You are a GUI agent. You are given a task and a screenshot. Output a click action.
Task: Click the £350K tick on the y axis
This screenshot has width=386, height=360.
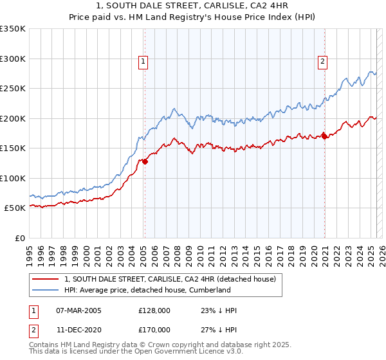13,29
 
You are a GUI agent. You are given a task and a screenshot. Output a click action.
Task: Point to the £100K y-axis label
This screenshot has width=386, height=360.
13,178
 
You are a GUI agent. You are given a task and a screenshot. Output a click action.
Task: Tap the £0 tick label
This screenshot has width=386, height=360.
19,238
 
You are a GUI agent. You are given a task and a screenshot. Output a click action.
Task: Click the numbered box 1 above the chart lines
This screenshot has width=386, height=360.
142,62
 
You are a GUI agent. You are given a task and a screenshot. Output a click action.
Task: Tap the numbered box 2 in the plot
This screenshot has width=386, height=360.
322,62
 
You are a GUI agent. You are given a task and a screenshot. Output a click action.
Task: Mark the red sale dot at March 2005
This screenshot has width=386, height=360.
145,162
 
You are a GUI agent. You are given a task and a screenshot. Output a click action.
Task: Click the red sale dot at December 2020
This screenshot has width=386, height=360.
325,136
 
